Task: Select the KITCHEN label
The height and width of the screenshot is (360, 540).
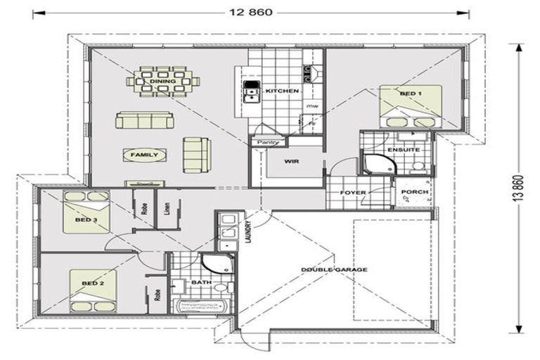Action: (x=283, y=92)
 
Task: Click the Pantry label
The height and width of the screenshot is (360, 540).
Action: (x=269, y=143)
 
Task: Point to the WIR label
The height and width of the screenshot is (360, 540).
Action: (x=292, y=162)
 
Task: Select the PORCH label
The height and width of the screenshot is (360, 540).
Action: (x=411, y=191)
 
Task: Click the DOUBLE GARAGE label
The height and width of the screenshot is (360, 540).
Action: (x=335, y=269)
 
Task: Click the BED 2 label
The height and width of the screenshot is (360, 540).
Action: (x=93, y=283)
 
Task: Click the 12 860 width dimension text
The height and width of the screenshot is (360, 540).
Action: (x=251, y=12)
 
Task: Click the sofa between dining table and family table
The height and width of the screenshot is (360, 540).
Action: (x=144, y=121)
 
